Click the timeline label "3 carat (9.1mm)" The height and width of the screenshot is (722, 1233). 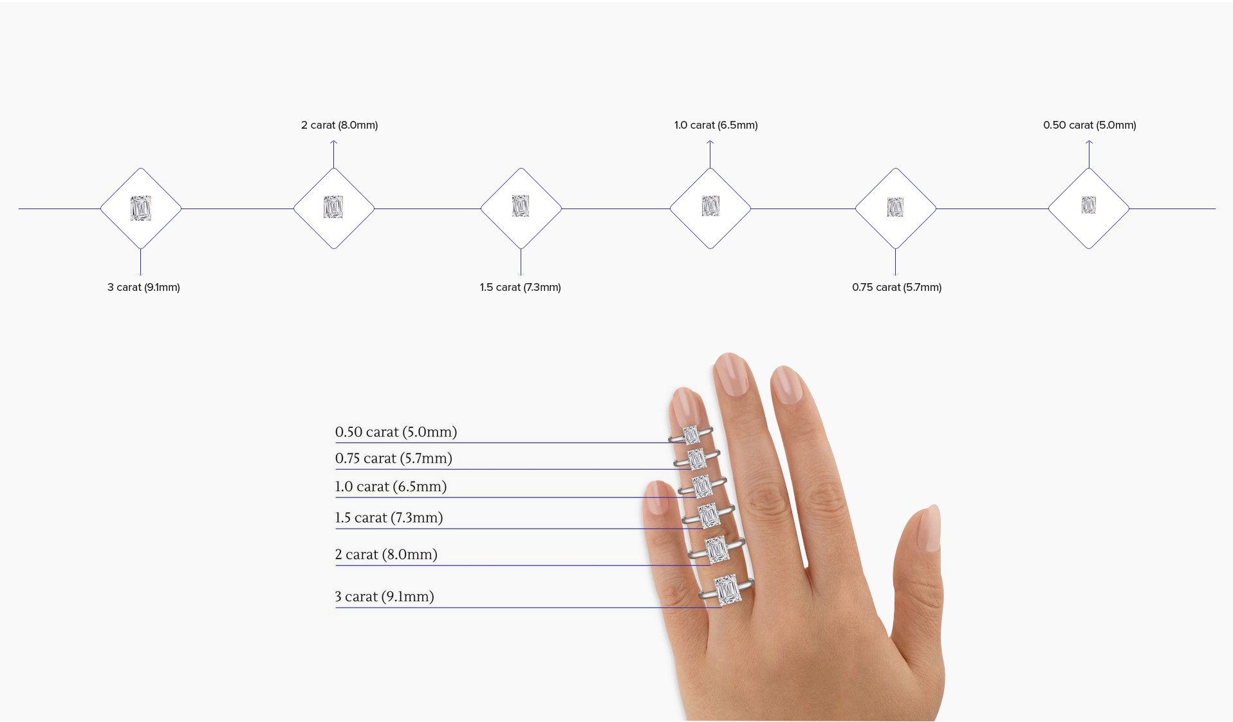click(144, 287)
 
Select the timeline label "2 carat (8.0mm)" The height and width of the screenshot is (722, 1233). click(339, 125)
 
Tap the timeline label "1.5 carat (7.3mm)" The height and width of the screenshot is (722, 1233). click(520, 287)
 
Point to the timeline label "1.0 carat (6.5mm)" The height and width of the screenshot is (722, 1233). click(716, 125)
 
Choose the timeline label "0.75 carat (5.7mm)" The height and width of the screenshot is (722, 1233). click(896, 287)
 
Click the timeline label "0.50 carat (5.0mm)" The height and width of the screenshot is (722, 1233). click(1089, 125)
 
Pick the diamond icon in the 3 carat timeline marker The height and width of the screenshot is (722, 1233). click(140, 208)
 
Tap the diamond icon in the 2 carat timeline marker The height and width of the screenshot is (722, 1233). click(333, 207)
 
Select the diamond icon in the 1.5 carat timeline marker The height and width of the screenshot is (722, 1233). click(521, 207)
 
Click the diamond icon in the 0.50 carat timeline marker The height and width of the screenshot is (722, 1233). click(1088, 205)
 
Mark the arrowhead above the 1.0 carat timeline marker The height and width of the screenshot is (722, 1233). click(710, 142)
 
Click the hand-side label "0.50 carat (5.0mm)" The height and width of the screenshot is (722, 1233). click(396, 432)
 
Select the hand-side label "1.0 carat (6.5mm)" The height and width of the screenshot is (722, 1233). click(391, 486)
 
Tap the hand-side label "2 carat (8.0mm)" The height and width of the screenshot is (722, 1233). click(386, 554)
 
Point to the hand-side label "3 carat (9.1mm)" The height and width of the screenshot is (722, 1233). click(384, 597)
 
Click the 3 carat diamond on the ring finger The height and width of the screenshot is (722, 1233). click(727, 589)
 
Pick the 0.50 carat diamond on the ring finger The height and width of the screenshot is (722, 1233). click(691, 435)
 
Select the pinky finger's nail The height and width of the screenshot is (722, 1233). click(657, 497)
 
